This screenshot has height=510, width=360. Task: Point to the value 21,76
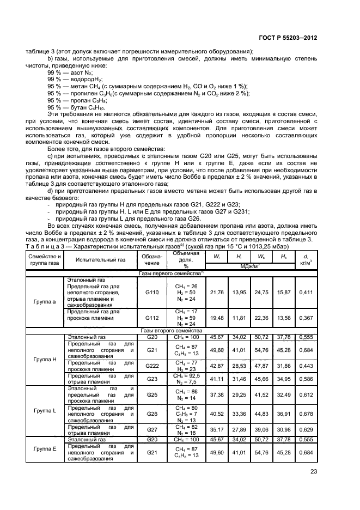point(217,292)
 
